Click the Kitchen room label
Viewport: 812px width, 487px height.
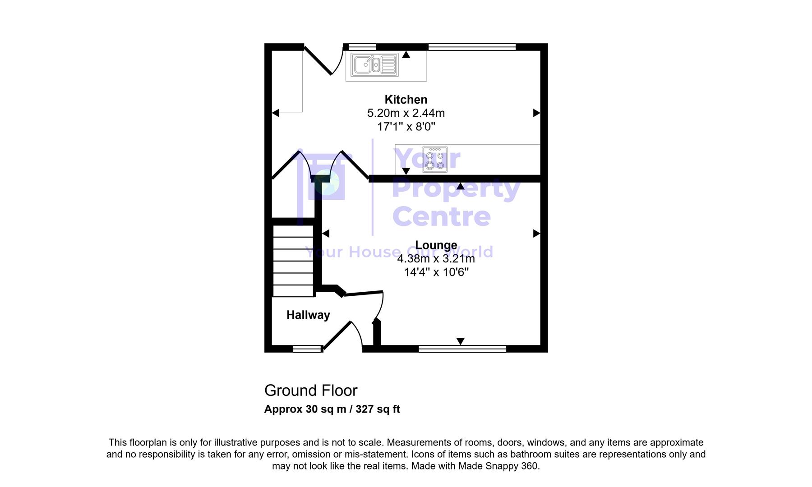pyautogui.click(x=406, y=100)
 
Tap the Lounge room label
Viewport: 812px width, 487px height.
pyautogui.click(x=436, y=245)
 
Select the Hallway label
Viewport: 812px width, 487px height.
pyautogui.click(x=308, y=315)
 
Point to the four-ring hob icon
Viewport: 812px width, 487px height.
pyautogui.click(x=435, y=160)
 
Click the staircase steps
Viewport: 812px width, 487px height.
pyautogui.click(x=293, y=261)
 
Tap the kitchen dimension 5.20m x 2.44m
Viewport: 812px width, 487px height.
pyautogui.click(x=406, y=113)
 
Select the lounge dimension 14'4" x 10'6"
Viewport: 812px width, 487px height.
pyautogui.click(x=436, y=272)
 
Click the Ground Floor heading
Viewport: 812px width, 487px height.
pyautogui.click(x=310, y=390)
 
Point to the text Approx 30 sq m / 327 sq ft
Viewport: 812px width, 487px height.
pyautogui.click(x=332, y=409)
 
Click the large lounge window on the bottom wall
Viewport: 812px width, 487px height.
pyautogui.click(x=462, y=349)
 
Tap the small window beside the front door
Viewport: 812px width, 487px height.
pyautogui.click(x=307, y=349)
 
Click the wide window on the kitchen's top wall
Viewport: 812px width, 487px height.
pyautogui.click(x=471, y=46)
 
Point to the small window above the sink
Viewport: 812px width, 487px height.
pyautogui.click(x=362, y=46)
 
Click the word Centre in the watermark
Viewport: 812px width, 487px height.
pyautogui.click(x=441, y=217)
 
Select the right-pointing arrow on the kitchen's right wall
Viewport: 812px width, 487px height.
pyautogui.click(x=536, y=113)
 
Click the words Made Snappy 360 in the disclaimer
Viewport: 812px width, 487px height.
pyautogui.click(x=498, y=466)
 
